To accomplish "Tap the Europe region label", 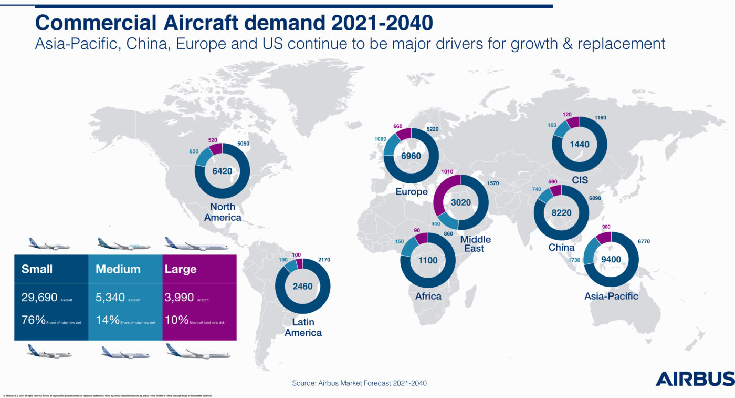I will click(x=412, y=192).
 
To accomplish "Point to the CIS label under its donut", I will click(x=580, y=180).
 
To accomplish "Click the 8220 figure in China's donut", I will click(x=561, y=213).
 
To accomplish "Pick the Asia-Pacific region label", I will click(x=611, y=296).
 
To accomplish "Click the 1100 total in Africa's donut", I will click(x=428, y=260).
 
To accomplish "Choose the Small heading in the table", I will click(x=36, y=269).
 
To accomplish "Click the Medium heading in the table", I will click(x=118, y=269).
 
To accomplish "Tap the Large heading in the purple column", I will click(x=181, y=269).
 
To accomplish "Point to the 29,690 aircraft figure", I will click(x=39, y=298).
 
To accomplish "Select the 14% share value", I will click(x=107, y=320).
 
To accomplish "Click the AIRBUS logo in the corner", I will click(x=695, y=379).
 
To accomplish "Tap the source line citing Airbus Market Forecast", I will click(x=360, y=383).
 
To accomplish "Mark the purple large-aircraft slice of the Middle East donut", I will click(x=444, y=195).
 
